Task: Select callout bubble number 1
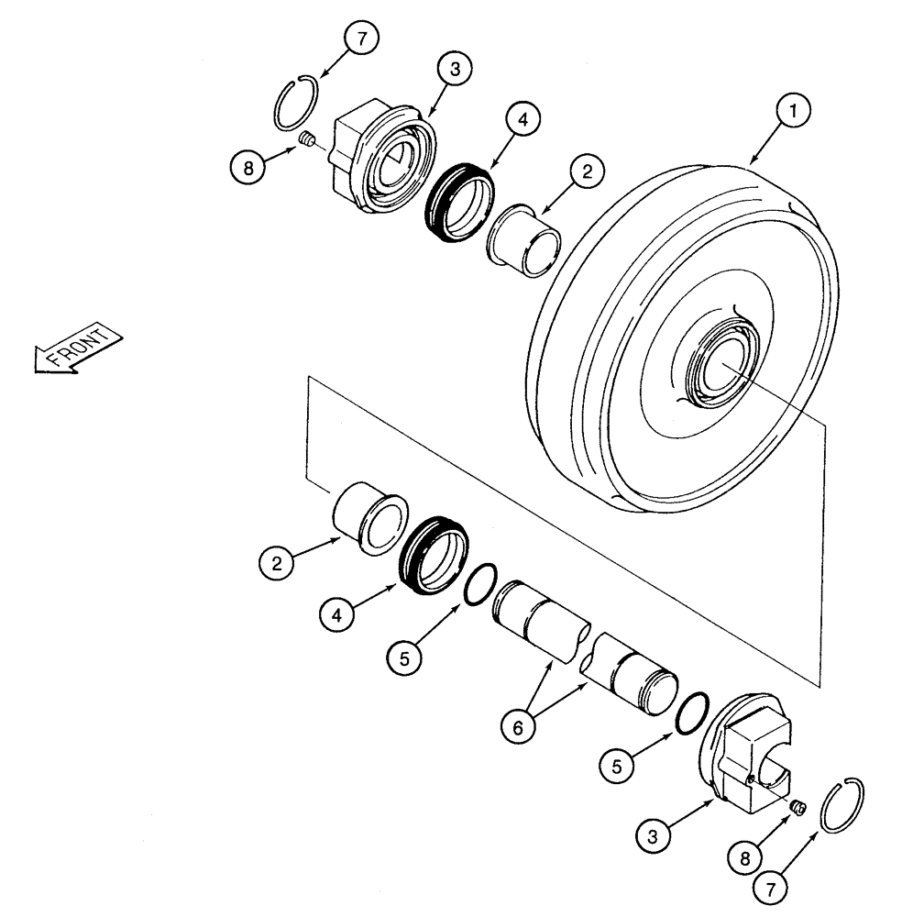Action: (794, 112)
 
